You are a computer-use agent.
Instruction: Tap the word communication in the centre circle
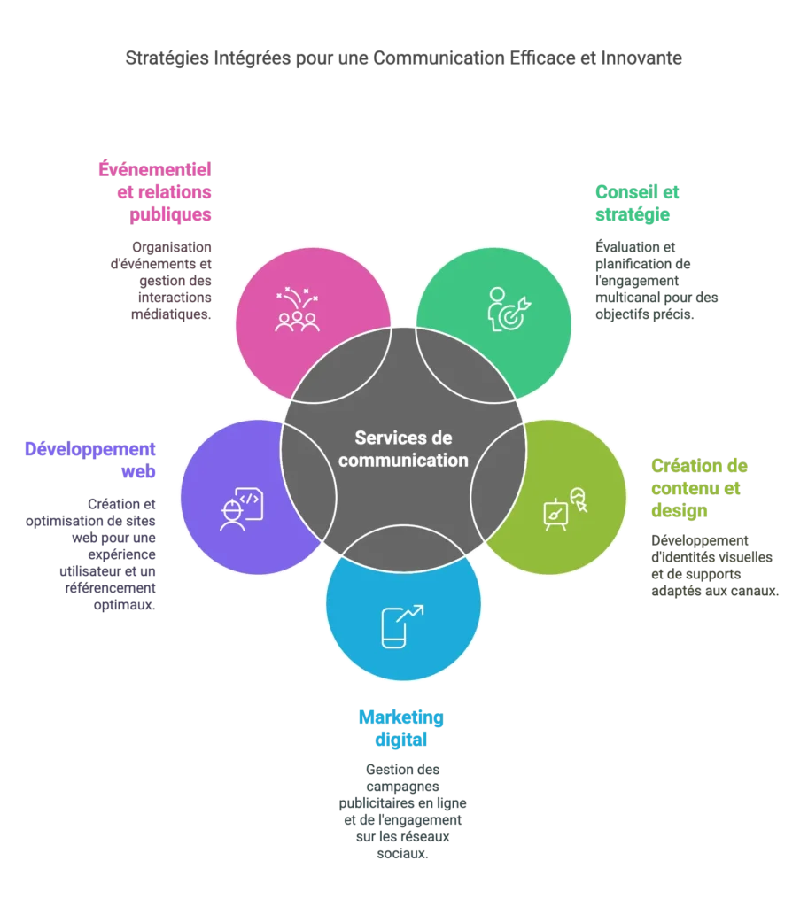click(403, 460)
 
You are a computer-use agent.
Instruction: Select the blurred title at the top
click(403, 60)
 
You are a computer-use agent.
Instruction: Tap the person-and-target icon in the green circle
click(510, 307)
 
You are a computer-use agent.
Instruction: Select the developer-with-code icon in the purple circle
click(240, 509)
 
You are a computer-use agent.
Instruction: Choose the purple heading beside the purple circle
click(89, 459)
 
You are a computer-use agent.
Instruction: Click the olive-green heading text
click(700, 487)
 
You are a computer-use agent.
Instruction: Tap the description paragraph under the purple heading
click(89, 554)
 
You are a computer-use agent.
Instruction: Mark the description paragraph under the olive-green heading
click(714, 566)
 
